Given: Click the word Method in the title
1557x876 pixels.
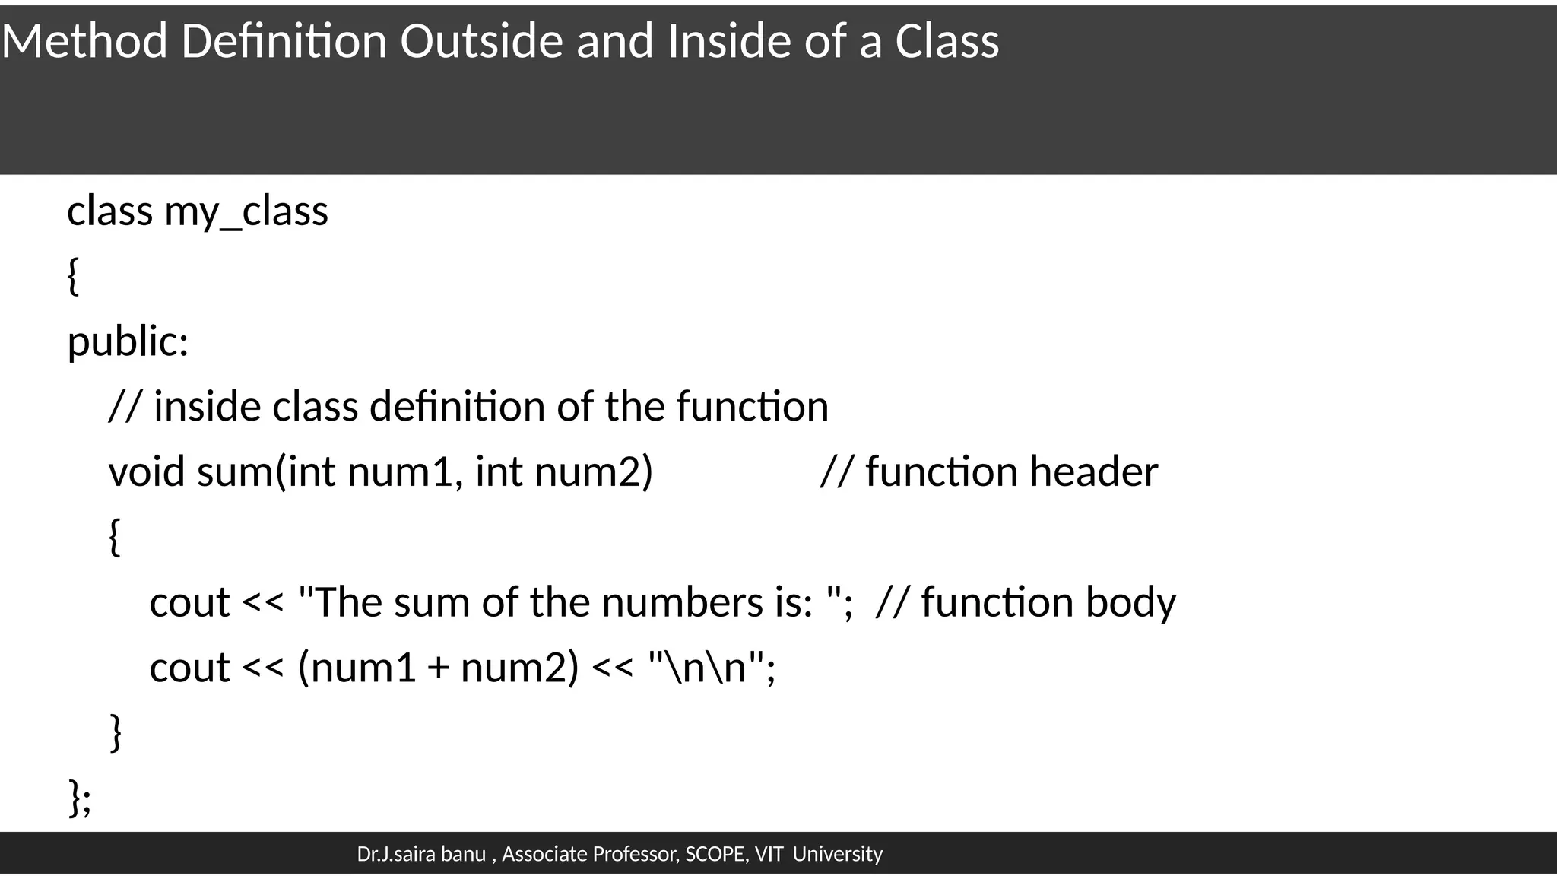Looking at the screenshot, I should (84, 41).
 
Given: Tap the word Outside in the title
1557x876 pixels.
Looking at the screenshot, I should (481, 41).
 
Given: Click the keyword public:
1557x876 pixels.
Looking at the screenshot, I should (128, 341).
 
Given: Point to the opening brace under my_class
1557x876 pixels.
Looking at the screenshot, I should (73, 276).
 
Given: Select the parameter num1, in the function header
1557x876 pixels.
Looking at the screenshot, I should (405, 471).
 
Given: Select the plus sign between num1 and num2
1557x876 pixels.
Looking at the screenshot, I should (438, 669).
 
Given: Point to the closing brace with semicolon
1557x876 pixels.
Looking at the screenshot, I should (80, 798).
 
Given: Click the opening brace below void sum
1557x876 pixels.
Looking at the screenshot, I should (115, 537).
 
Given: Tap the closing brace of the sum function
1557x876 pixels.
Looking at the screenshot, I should (116, 732).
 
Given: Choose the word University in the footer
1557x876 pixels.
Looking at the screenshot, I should (837, 855).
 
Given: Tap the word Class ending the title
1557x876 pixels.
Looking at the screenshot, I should (947, 41).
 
